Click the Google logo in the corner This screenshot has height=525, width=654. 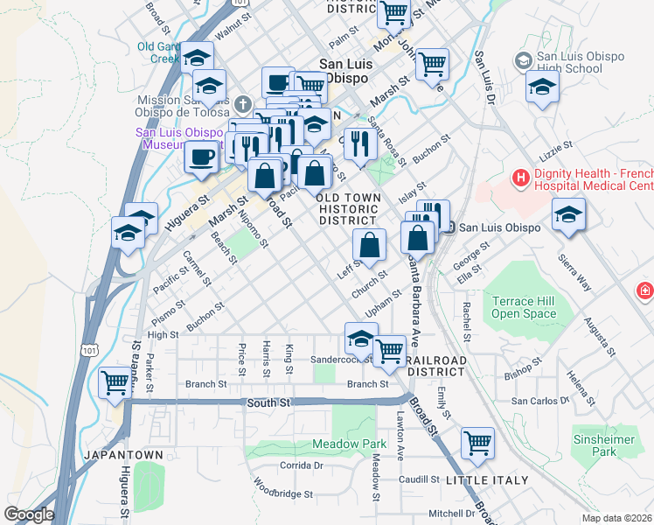(x=29, y=514)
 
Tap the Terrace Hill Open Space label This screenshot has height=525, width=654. (x=524, y=307)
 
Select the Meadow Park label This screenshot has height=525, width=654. (x=349, y=444)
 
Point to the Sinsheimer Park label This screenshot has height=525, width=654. (x=595, y=445)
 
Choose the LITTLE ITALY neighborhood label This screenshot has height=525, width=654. (x=487, y=480)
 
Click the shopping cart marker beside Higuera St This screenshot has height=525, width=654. (x=115, y=384)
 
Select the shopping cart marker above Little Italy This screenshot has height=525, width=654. (x=477, y=443)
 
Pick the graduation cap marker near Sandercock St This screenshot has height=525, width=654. (x=361, y=338)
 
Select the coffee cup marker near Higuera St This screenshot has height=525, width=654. (x=201, y=158)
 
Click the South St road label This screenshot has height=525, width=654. (x=268, y=402)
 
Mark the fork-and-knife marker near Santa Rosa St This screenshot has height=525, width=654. (x=360, y=143)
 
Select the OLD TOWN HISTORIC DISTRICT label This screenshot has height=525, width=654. (x=349, y=209)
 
